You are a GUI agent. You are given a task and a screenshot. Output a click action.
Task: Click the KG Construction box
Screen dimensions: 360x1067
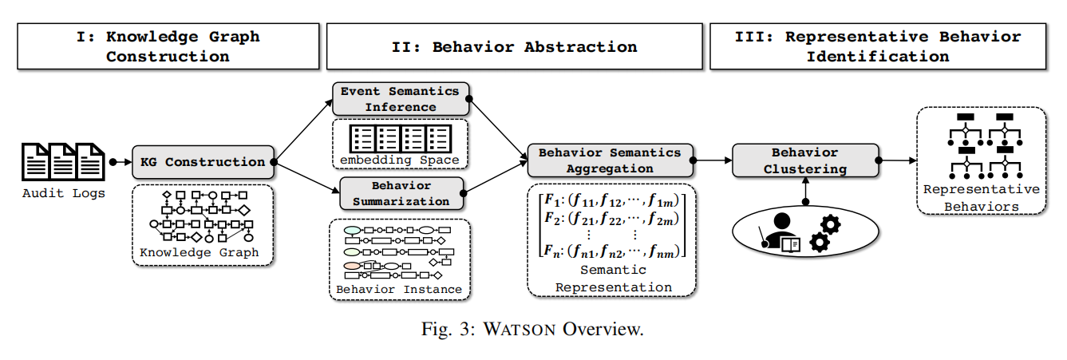coord(203,162)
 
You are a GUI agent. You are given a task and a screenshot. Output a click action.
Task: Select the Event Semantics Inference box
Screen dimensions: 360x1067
coord(400,99)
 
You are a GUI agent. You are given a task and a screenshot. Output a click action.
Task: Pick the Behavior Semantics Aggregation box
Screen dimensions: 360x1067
coord(610,160)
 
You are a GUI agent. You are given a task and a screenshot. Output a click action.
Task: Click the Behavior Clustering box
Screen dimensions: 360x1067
coord(804,160)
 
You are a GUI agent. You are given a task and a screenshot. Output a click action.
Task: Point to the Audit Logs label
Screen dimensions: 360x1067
coord(63,193)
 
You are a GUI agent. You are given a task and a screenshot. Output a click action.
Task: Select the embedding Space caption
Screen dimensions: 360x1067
coord(399,160)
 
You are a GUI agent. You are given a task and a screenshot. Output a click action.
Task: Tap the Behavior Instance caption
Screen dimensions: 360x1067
coord(399,289)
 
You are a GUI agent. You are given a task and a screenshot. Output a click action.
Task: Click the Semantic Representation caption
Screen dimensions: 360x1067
coord(613,279)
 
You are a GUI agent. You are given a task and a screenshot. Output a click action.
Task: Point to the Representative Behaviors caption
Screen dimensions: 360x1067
coord(981,198)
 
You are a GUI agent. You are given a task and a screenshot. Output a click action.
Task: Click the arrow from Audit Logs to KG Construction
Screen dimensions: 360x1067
coord(121,162)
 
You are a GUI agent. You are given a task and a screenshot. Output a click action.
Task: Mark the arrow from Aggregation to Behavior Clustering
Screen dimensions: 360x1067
coord(713,160)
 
